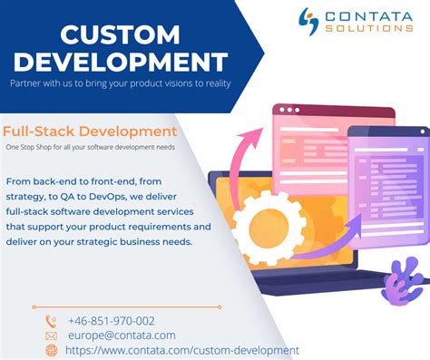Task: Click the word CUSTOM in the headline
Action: pyautogui.click(x=121, y=34)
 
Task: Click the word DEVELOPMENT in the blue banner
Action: pyautogui.click(x=121, y=62)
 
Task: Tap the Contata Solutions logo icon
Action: pyautogui.click(x=308, y=22)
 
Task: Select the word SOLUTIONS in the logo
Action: pyautogui.click(x=369, y=28)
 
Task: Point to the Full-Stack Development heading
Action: pyautogui.click(x=90, y=131)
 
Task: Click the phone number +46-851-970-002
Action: pyautogui.click(x=112, y=321)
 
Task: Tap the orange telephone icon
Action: pyautogui.click(x=51, y=321)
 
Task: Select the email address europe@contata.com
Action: pyautogui.click(x=122, y=336)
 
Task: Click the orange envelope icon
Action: pyautogui.click(x=51, y=336)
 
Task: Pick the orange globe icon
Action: pyautogui.click(x=51, y=351)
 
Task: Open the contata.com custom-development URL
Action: pyautogui.click(x=182, y=350)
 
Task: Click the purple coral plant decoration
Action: pyautogui.click(x=403, y=280)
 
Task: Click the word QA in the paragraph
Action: pyautogui.click(x=67, y=197)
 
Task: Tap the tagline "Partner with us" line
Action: pyautogui.click(x=121, y=83)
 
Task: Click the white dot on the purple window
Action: pyautogui.click(x=423, y=131)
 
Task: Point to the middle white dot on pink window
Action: pyautogui.click(x=289, y=110)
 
